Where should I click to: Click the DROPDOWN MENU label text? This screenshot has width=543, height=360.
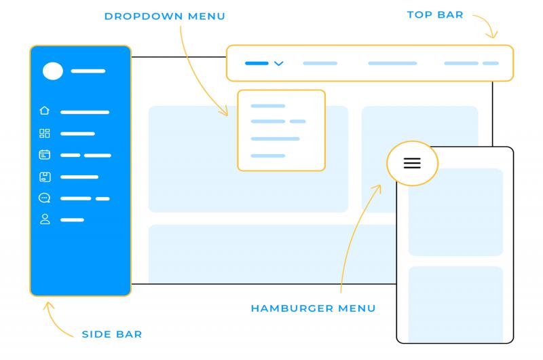[x=164, y=16]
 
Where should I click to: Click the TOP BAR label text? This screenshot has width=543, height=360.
[x=435, y=14]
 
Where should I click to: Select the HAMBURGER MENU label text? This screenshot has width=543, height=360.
[x=313, y=308]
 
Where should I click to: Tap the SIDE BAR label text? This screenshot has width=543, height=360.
[x=112, y=334]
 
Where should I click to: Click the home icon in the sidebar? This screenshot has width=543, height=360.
[x=45, y=111]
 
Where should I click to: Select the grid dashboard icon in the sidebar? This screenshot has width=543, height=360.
[x=45, y=133]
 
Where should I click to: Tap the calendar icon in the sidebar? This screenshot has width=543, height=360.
[x=45, y=155]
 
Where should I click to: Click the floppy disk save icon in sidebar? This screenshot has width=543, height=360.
[x=45, y=177]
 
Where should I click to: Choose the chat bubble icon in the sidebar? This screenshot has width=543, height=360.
[x=45, y=198]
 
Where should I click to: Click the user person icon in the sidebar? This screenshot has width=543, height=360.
[x=45, y=219]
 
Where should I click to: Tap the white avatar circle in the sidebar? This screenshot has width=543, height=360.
[x=53, y=71]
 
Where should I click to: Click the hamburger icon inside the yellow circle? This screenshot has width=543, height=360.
[x=412, y=163]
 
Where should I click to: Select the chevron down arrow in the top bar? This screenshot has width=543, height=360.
[x=278, y=64]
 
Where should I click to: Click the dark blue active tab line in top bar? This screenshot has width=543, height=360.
[x=257, y=63]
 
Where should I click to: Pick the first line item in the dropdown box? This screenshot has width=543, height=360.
[x=268, y=106]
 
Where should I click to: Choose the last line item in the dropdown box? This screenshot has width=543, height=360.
[x=268, y=156]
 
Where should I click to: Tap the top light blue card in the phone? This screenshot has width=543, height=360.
[x=455, y=212]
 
